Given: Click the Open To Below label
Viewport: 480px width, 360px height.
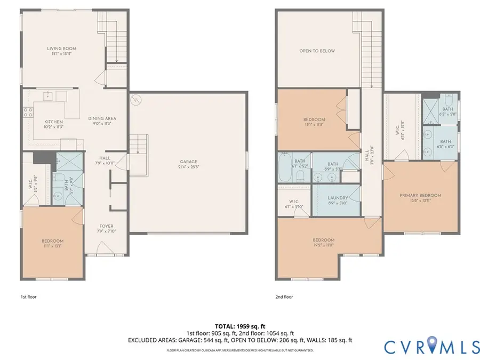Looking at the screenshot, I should [x=317, y=51].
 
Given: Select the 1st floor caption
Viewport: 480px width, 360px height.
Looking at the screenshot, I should [x=29, y=296].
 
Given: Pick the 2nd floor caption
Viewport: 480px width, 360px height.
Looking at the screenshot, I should [x=285, y=296].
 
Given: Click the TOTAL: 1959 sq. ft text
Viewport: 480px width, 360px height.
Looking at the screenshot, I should [x=239, y=325].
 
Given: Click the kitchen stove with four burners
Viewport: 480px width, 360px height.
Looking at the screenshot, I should [x=28, y=113].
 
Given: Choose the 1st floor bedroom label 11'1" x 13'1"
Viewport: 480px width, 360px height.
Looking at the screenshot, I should [x=52, y=243].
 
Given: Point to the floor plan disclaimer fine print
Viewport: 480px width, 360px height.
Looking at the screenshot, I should [x=239, y=350].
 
